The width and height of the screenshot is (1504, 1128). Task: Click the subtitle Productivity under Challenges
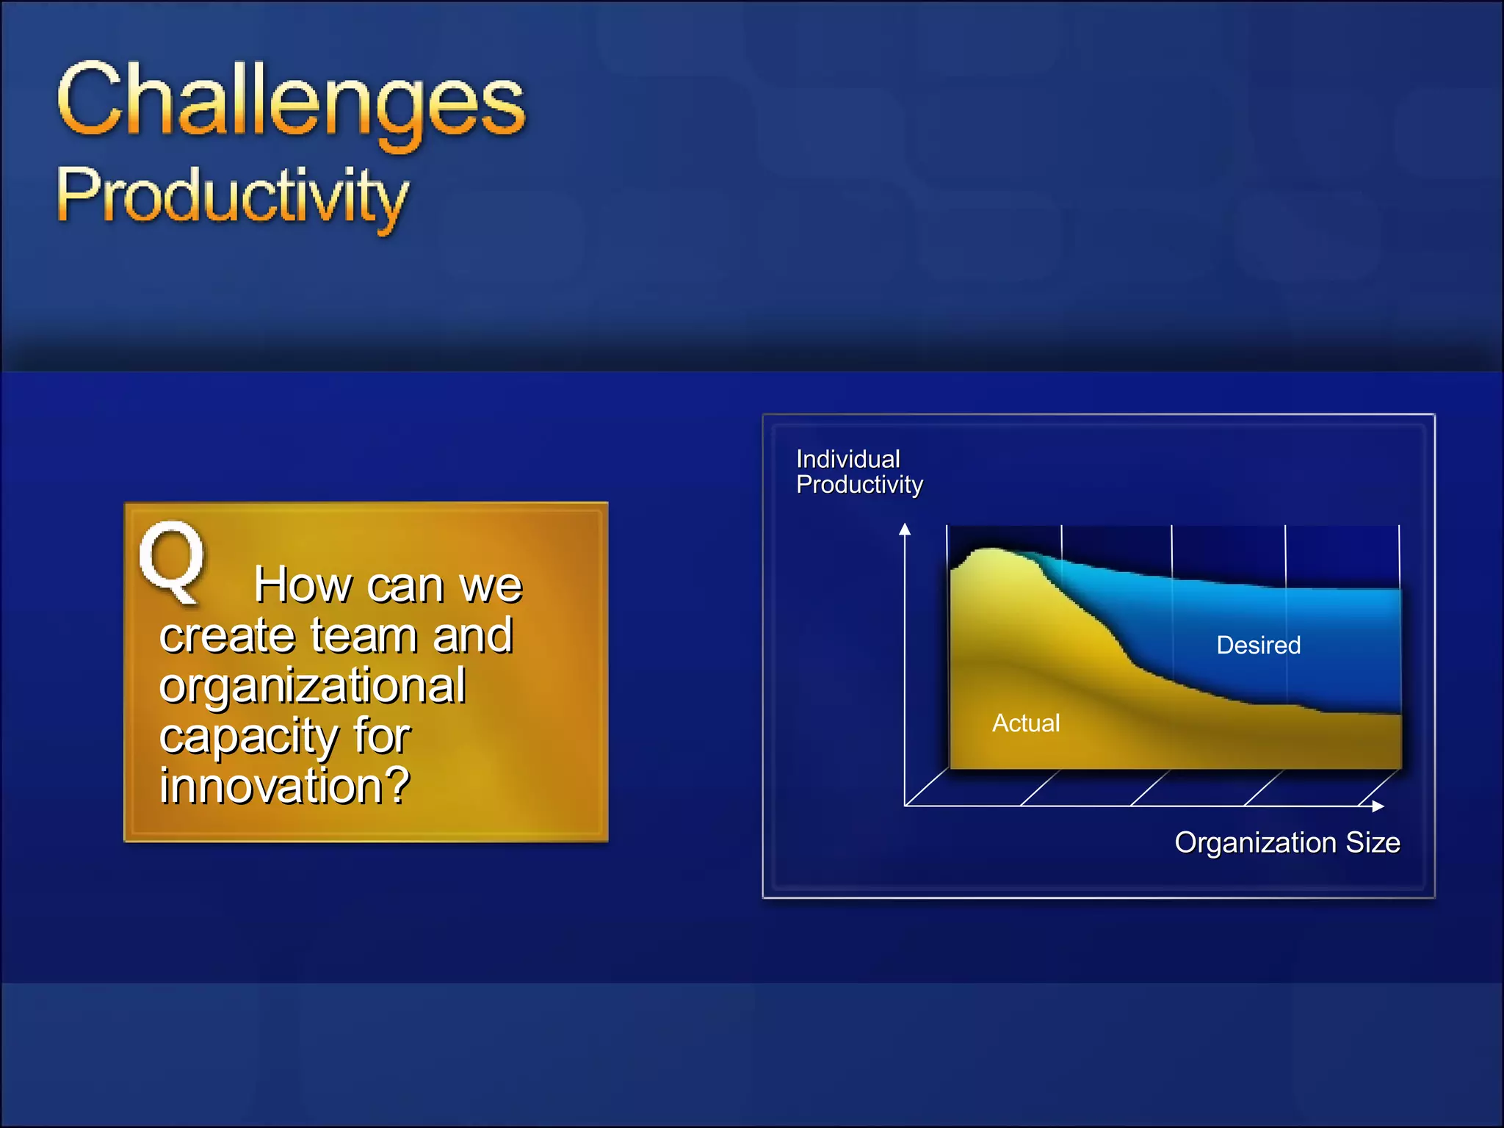[x=232, y=195]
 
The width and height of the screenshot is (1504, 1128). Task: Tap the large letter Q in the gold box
[x=173, y=562]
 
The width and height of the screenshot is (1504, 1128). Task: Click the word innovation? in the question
[x=285, y=786]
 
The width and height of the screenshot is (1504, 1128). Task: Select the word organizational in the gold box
[x=313, y=685]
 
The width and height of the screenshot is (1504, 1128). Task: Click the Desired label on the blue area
[x=1258, y=646]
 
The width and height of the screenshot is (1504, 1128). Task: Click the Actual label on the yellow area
[x=1026, y=723]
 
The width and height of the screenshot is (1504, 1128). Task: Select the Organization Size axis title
[x=1287, y=842]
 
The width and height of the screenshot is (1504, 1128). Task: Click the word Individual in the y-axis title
[x=848, y=460]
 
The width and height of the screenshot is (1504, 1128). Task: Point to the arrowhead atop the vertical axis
[x=905, y=529]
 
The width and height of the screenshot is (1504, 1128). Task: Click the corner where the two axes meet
[x=905, y=806]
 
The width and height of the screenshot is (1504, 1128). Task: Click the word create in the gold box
[x=226, y=635]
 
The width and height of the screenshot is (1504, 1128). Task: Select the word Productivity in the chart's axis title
[x=859, y=485]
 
